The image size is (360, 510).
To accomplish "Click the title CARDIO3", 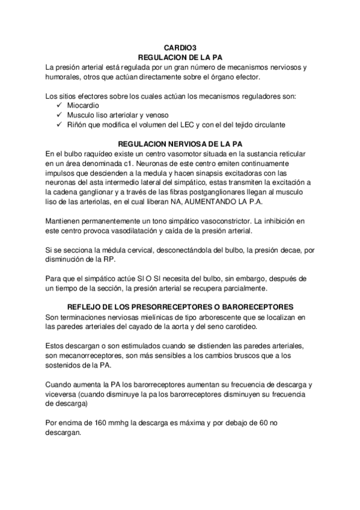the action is [180, 47].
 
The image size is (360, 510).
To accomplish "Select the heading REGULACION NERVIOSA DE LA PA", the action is [180, 144].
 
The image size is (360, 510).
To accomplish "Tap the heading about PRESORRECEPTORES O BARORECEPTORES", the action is [180, 306].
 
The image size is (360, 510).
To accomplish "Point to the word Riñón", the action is [77, 124].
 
